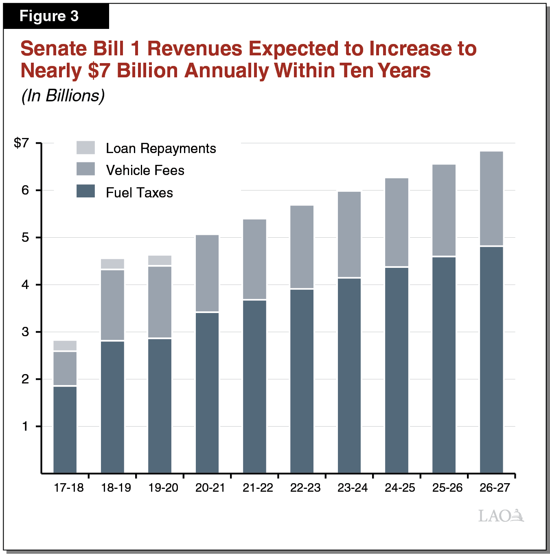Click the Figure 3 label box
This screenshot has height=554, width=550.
point(56,16)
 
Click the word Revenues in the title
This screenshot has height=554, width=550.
point(195,49)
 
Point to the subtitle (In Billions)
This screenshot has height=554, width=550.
point(63,96)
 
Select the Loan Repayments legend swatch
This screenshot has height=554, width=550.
point(85,148)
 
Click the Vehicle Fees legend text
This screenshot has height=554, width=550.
point(145,170)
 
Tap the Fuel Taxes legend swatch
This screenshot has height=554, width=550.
point(85,191)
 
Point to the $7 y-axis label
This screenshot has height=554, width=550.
point(22,143)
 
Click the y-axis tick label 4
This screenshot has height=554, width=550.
point(26,285)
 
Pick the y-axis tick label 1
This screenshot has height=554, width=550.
point(26,426)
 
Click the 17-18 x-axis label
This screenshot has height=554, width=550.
point(68,488)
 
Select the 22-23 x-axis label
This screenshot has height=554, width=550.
point(305,488)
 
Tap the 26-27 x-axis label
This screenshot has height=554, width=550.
point(494,488)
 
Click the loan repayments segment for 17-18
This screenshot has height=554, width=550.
point(65,346)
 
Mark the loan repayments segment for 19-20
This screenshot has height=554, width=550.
point(160,260)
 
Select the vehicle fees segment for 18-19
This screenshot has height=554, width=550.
point(112,305)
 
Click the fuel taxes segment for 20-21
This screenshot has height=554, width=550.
point(207,393)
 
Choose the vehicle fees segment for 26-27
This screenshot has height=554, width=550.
point(491,198)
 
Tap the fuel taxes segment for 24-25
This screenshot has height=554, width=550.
point(397,370)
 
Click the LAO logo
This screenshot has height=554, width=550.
point(501,516)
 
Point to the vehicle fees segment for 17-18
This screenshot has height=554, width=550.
point(65,368)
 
